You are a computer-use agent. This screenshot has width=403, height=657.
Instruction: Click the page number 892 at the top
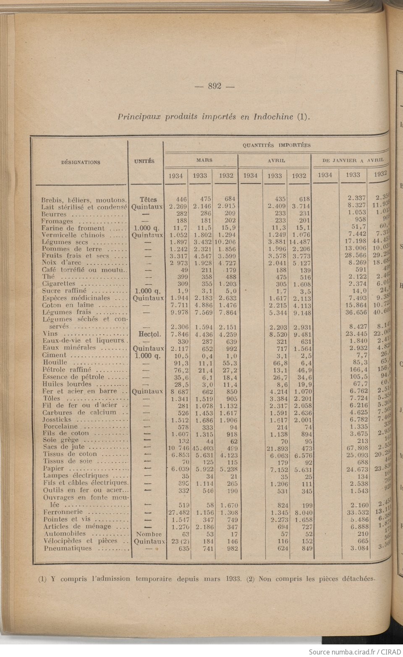click(x=215, y=87)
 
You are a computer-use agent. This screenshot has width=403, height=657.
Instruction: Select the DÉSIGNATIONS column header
click(x=81, y=162)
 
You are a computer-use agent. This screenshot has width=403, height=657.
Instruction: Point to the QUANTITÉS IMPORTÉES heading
click(x=276, y=145)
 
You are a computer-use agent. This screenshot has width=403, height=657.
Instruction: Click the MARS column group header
click(x=204, y=160)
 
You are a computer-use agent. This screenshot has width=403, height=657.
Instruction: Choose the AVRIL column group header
click(x=276, y=160)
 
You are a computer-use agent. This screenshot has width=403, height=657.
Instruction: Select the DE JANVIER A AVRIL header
click(x=353, y=160)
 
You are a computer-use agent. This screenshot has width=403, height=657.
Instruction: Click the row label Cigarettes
click(x=59, y=284)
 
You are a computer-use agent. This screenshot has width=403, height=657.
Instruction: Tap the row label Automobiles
click(x=64, y=534)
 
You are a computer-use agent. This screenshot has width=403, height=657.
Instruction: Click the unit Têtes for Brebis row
click(x=148, y=200)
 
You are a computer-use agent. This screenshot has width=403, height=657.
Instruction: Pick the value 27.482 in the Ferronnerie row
click(x=177, y=513)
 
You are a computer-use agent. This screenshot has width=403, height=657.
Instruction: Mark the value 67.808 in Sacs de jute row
click(x=357, y=448)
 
